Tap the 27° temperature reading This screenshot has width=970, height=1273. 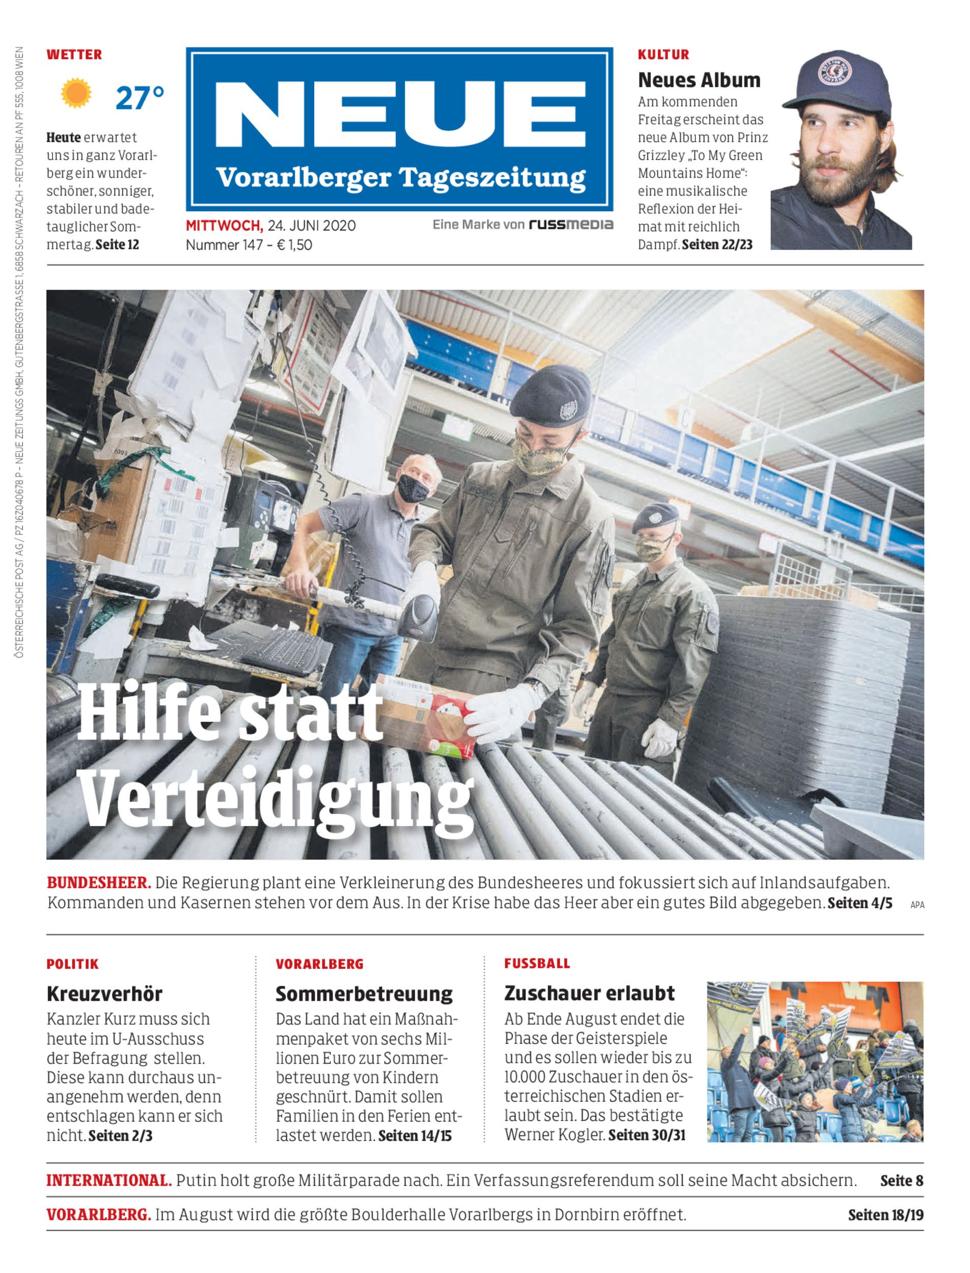click(x=140, y=98)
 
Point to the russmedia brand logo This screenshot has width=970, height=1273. click(x=571, y=225)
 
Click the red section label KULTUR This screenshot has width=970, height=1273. click(x=663, y=55)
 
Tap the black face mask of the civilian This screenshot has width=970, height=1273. click(x=413, y=488)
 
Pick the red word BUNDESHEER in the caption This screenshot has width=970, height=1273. click(x=99, y=883)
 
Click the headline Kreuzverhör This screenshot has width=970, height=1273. click(x=104, y=993)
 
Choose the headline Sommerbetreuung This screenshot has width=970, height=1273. click(x=364, y=993)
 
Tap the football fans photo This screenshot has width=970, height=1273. click(x=815, y=1062)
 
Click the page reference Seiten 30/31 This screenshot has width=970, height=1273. click(x=646, y=1135)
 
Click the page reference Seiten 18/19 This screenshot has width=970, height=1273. click(x=885, y=1215)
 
